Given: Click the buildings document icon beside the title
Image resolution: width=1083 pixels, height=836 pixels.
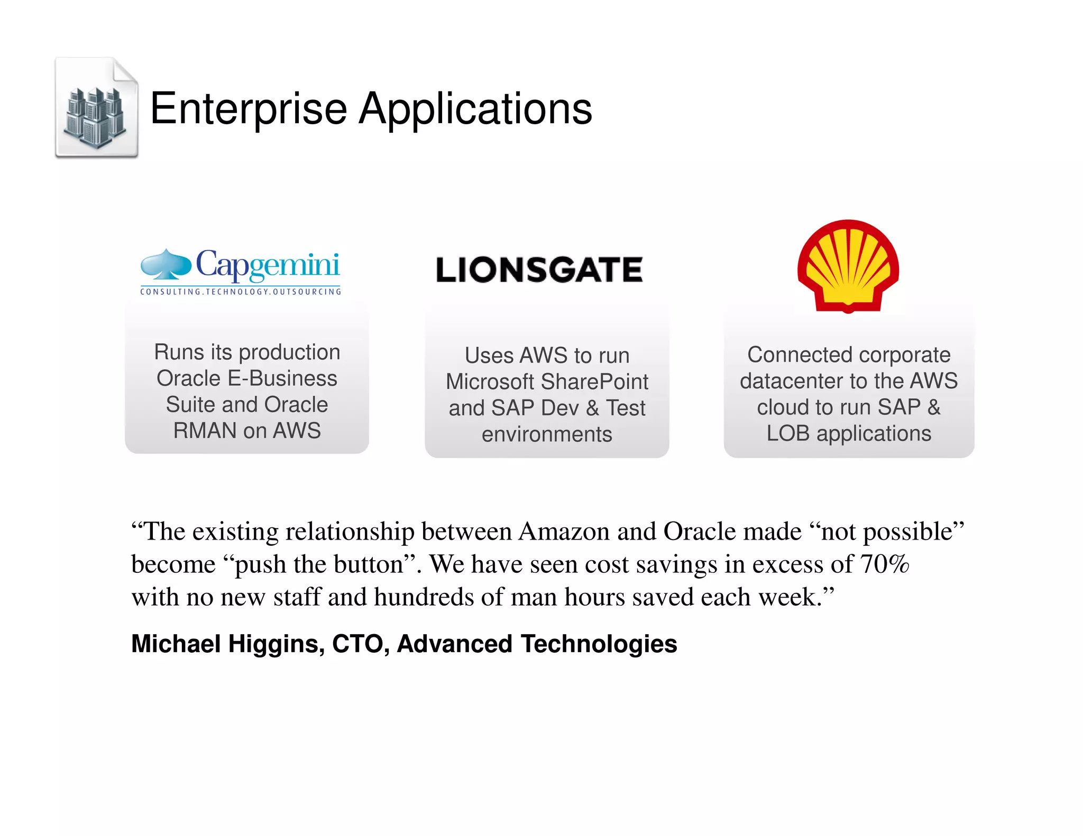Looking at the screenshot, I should tap(96, 108).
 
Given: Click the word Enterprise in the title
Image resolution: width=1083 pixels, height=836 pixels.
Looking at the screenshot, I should tap(249, 109).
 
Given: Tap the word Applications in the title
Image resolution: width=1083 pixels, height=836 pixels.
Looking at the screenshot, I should tap(475, 110).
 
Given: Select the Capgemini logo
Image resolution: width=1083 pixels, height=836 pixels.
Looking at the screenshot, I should tap(241, 266).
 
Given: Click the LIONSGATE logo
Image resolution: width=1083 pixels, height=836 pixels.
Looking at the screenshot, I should tap(539, 270).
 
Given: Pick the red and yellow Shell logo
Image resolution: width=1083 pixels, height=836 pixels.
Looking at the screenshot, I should tap(848, 266).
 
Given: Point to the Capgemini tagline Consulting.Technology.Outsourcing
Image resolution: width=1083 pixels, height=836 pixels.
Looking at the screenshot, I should tap(241, 292).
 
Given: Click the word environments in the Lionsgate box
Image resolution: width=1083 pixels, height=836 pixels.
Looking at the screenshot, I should tap(547, 434).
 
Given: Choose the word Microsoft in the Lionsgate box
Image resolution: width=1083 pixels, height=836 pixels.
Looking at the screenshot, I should tap(490, 382).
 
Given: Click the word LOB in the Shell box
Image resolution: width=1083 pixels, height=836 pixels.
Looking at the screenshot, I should tap(788, 433).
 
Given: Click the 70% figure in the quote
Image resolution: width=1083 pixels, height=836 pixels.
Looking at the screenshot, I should tap(884, 564).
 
